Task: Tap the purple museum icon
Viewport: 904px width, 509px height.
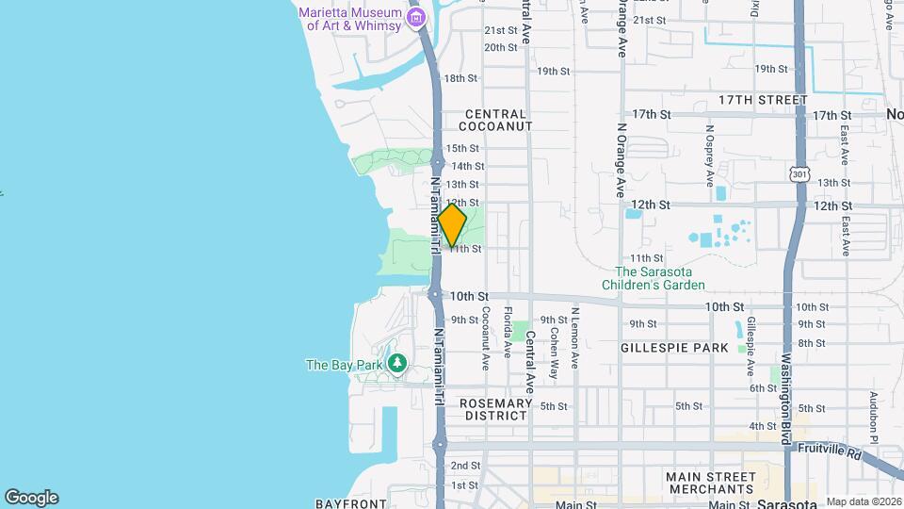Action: pos(415,18)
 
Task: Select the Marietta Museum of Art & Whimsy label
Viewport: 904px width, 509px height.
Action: pos(350,19)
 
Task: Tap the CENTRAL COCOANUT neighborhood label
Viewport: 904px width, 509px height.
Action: pos(496,120)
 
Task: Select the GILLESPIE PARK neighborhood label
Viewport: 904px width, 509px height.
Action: pos(674,348)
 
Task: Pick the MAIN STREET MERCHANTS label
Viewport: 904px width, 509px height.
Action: pos(711,483)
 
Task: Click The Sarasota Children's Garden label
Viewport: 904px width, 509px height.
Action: pos(654,278)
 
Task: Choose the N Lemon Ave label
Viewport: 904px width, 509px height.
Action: pos(574,337)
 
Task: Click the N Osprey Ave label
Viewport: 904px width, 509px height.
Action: pos(709,153)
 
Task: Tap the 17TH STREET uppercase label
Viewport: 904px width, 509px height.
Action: pos(763,100)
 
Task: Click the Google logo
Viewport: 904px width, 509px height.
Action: pos(31,497)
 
